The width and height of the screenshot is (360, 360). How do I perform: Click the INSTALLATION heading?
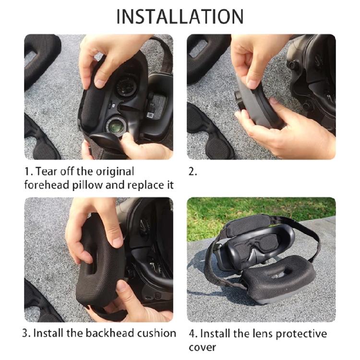point(180,16)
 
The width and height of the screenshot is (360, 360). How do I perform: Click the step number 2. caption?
point(192,172)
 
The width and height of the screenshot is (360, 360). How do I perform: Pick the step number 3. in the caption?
point(27,333)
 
